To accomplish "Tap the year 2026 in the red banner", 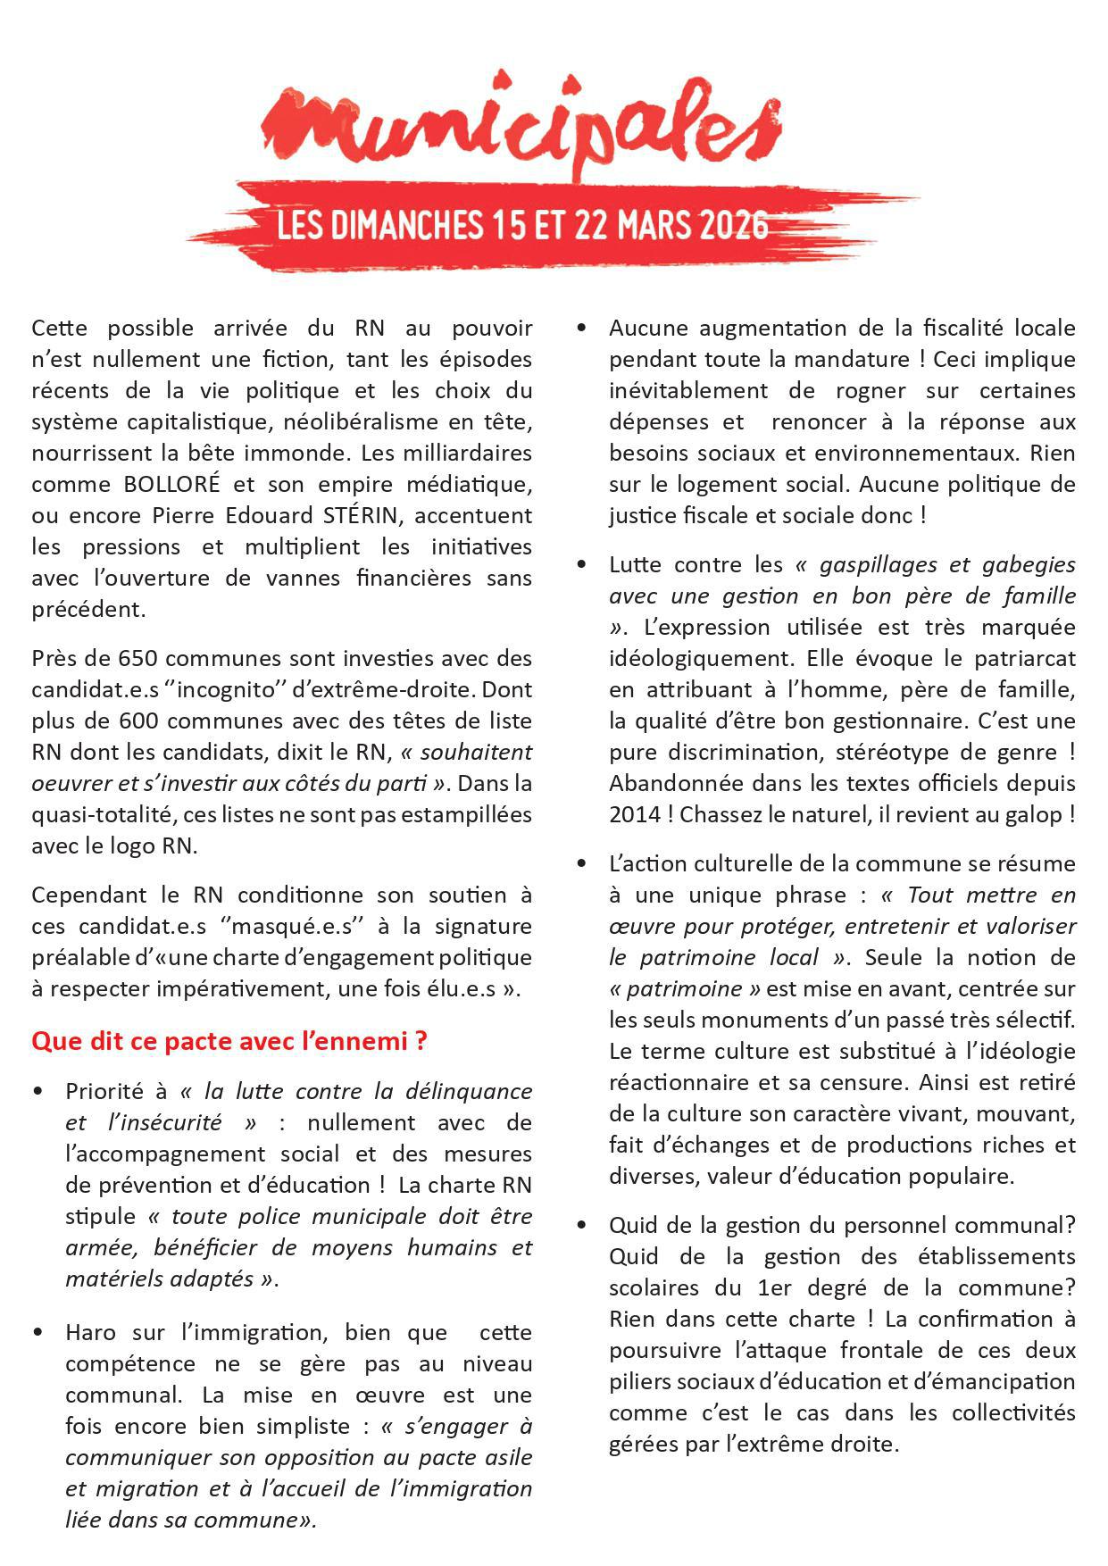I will [733, 224].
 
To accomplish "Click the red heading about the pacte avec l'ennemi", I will [229, 1041].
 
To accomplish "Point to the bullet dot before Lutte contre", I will [582, 565].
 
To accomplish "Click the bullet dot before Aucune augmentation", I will [582, 329].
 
